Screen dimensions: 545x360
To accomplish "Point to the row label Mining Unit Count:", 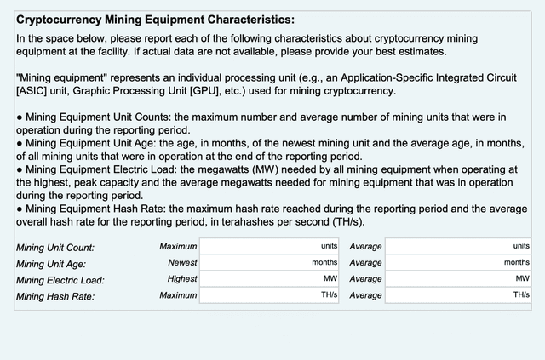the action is [x=55, y=248].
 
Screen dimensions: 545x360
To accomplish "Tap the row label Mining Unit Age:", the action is [x=52, y=264].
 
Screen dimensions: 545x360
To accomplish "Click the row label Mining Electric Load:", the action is [x=59, y=280].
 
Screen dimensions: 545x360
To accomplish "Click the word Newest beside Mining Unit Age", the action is [x=182, y=262].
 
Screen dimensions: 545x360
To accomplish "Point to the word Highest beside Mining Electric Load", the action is [x=182, y=278].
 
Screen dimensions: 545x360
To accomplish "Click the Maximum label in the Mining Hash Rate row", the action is [x=178, y=294].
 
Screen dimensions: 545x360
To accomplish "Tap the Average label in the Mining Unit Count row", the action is [x=365, y=246].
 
